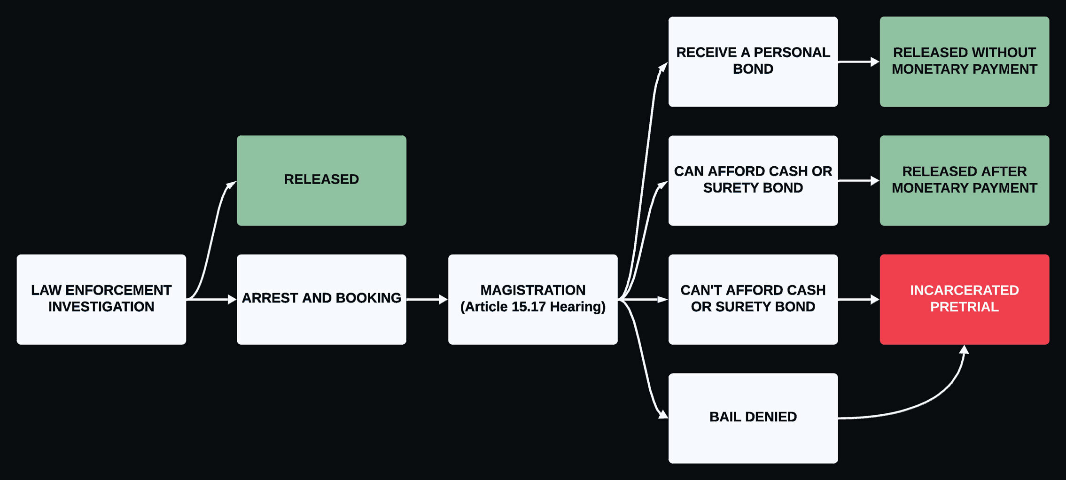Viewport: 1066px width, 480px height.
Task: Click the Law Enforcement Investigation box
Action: coord(101,299)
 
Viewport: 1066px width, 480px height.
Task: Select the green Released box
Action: coord(321,180)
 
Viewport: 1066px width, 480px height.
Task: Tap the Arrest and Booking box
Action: coord(321,299)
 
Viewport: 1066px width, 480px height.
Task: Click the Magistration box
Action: coord(533,299)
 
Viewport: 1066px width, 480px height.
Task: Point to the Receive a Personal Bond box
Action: coord(753,62)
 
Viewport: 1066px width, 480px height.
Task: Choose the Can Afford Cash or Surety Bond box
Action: coord(753,180)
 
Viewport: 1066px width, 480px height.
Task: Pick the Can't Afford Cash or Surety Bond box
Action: coord(753,299)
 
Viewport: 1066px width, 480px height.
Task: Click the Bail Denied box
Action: coord(753,418)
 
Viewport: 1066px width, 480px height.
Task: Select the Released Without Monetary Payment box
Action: coord(964,62)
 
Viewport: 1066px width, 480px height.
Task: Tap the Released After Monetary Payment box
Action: coord(964,180)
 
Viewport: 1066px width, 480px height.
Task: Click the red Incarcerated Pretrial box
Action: coord(964,299)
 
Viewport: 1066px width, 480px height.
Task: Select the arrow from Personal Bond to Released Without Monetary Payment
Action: coord(858,62)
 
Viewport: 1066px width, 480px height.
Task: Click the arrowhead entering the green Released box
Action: coord(231,185)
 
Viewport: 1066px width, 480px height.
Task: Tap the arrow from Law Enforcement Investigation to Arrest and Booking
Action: coord(211,299)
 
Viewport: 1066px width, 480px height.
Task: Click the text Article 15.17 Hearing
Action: coord(533,307)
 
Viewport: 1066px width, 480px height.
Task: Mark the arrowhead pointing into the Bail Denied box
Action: coord(663,414)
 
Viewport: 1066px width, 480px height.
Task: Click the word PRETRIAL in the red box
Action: coord(964,307)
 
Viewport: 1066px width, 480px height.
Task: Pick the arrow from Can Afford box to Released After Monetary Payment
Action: coord(858,180)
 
